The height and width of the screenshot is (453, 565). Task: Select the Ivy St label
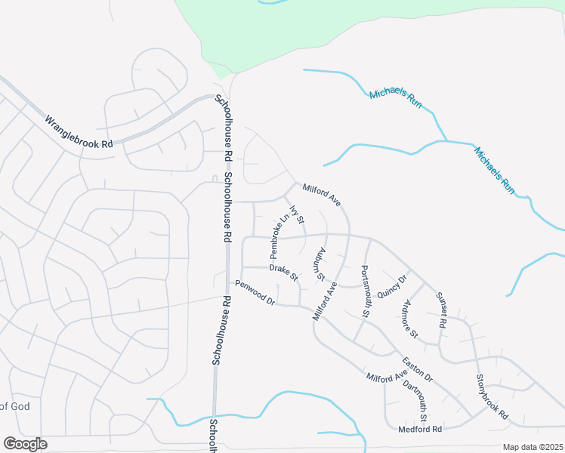pos(296,215)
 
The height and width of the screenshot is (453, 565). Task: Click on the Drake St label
pos(283,270)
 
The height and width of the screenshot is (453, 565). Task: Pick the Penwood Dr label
pos(255,292)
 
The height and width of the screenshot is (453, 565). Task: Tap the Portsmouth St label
pos(366,291)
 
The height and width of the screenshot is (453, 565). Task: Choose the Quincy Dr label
pos(392,287)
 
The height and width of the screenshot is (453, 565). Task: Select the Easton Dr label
pos(417,369)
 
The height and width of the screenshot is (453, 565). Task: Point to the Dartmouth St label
pos(415,402)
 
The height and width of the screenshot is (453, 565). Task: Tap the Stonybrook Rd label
pos(492,397)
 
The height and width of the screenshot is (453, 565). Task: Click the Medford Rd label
pos(419,429)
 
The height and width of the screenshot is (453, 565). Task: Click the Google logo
pos(25,444)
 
